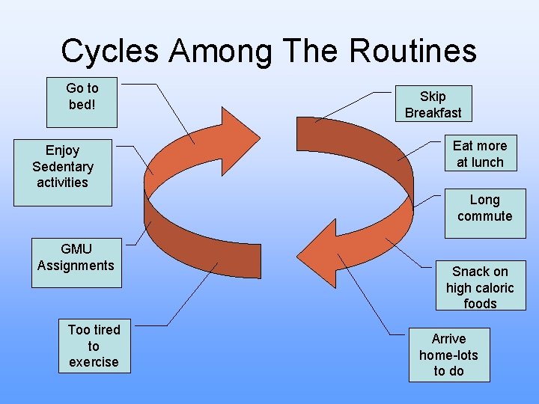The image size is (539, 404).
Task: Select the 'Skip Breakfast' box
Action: coord(433,105)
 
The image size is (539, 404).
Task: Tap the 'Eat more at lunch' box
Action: coord(479,153)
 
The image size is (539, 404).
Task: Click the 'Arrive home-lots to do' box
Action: coord(448,355)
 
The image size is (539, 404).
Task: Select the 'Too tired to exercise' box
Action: coord(94,346)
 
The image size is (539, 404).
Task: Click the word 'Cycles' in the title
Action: coord(109,52)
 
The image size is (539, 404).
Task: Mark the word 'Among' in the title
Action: coord(222,52)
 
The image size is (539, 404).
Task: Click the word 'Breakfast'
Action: coord(433,113)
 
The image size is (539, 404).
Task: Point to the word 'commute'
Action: coord(484,217)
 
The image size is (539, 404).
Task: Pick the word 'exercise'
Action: coord(94,362)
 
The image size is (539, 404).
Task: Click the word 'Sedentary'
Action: coord(62,167)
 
